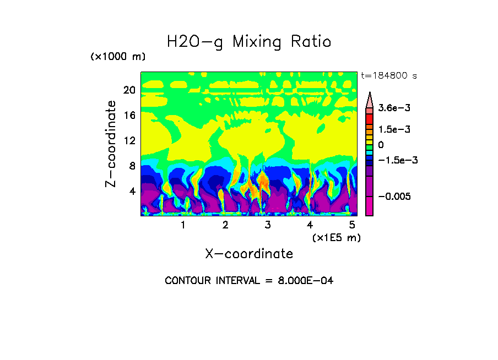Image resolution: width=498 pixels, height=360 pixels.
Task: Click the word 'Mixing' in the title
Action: [x=257, y=42]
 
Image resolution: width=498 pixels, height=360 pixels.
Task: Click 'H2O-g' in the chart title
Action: [x=196, y=42]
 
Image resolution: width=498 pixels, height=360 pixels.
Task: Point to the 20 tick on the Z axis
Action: [x=129, y=90]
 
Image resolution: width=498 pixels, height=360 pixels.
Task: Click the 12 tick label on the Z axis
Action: [x=129, y=140]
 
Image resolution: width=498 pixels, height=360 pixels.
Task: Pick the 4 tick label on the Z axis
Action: [x=132, y=191]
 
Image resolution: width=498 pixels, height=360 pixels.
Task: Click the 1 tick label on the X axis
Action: [x=183, y=225]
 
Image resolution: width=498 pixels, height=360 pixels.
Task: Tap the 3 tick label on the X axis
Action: [x=268, y=225]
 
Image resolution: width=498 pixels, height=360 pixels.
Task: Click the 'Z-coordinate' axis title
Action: [x=112, y=143]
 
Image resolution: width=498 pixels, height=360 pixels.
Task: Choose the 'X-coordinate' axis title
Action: [x=249, y=254]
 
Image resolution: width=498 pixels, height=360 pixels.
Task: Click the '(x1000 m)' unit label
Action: [x=118, y=57]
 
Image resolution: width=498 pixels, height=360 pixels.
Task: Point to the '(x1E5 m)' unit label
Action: [x=337, y=237]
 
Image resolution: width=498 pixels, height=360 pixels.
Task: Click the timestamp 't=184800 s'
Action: [x=388, y=76]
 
